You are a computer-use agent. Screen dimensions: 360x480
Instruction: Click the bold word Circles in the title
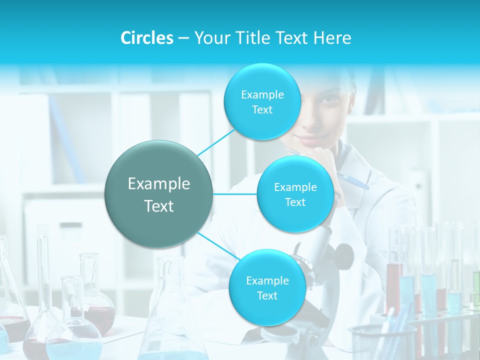(x=146, y=38)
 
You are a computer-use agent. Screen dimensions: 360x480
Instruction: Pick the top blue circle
(x=262, y=101)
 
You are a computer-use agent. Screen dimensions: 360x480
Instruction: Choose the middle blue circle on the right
(x=295, y=194)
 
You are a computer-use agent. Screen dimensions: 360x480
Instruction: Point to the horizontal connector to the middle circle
(x=235, y=194)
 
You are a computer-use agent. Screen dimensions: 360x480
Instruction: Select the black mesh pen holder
(x=382, y=342)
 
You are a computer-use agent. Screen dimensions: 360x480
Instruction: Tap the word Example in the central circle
(x=159, y=184)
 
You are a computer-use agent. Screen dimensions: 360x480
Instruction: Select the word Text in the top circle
(x=262, y=109)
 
